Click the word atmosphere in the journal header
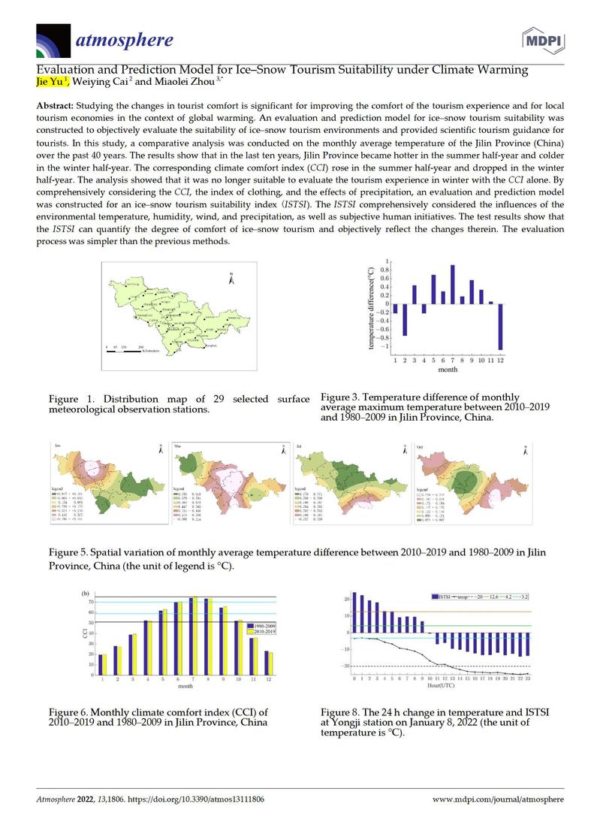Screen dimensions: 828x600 tap(123, 39)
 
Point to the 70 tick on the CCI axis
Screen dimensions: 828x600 tap(91, 602)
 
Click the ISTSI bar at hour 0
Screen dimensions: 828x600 tap(354, 612)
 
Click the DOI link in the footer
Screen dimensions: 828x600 tap(197, 799)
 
